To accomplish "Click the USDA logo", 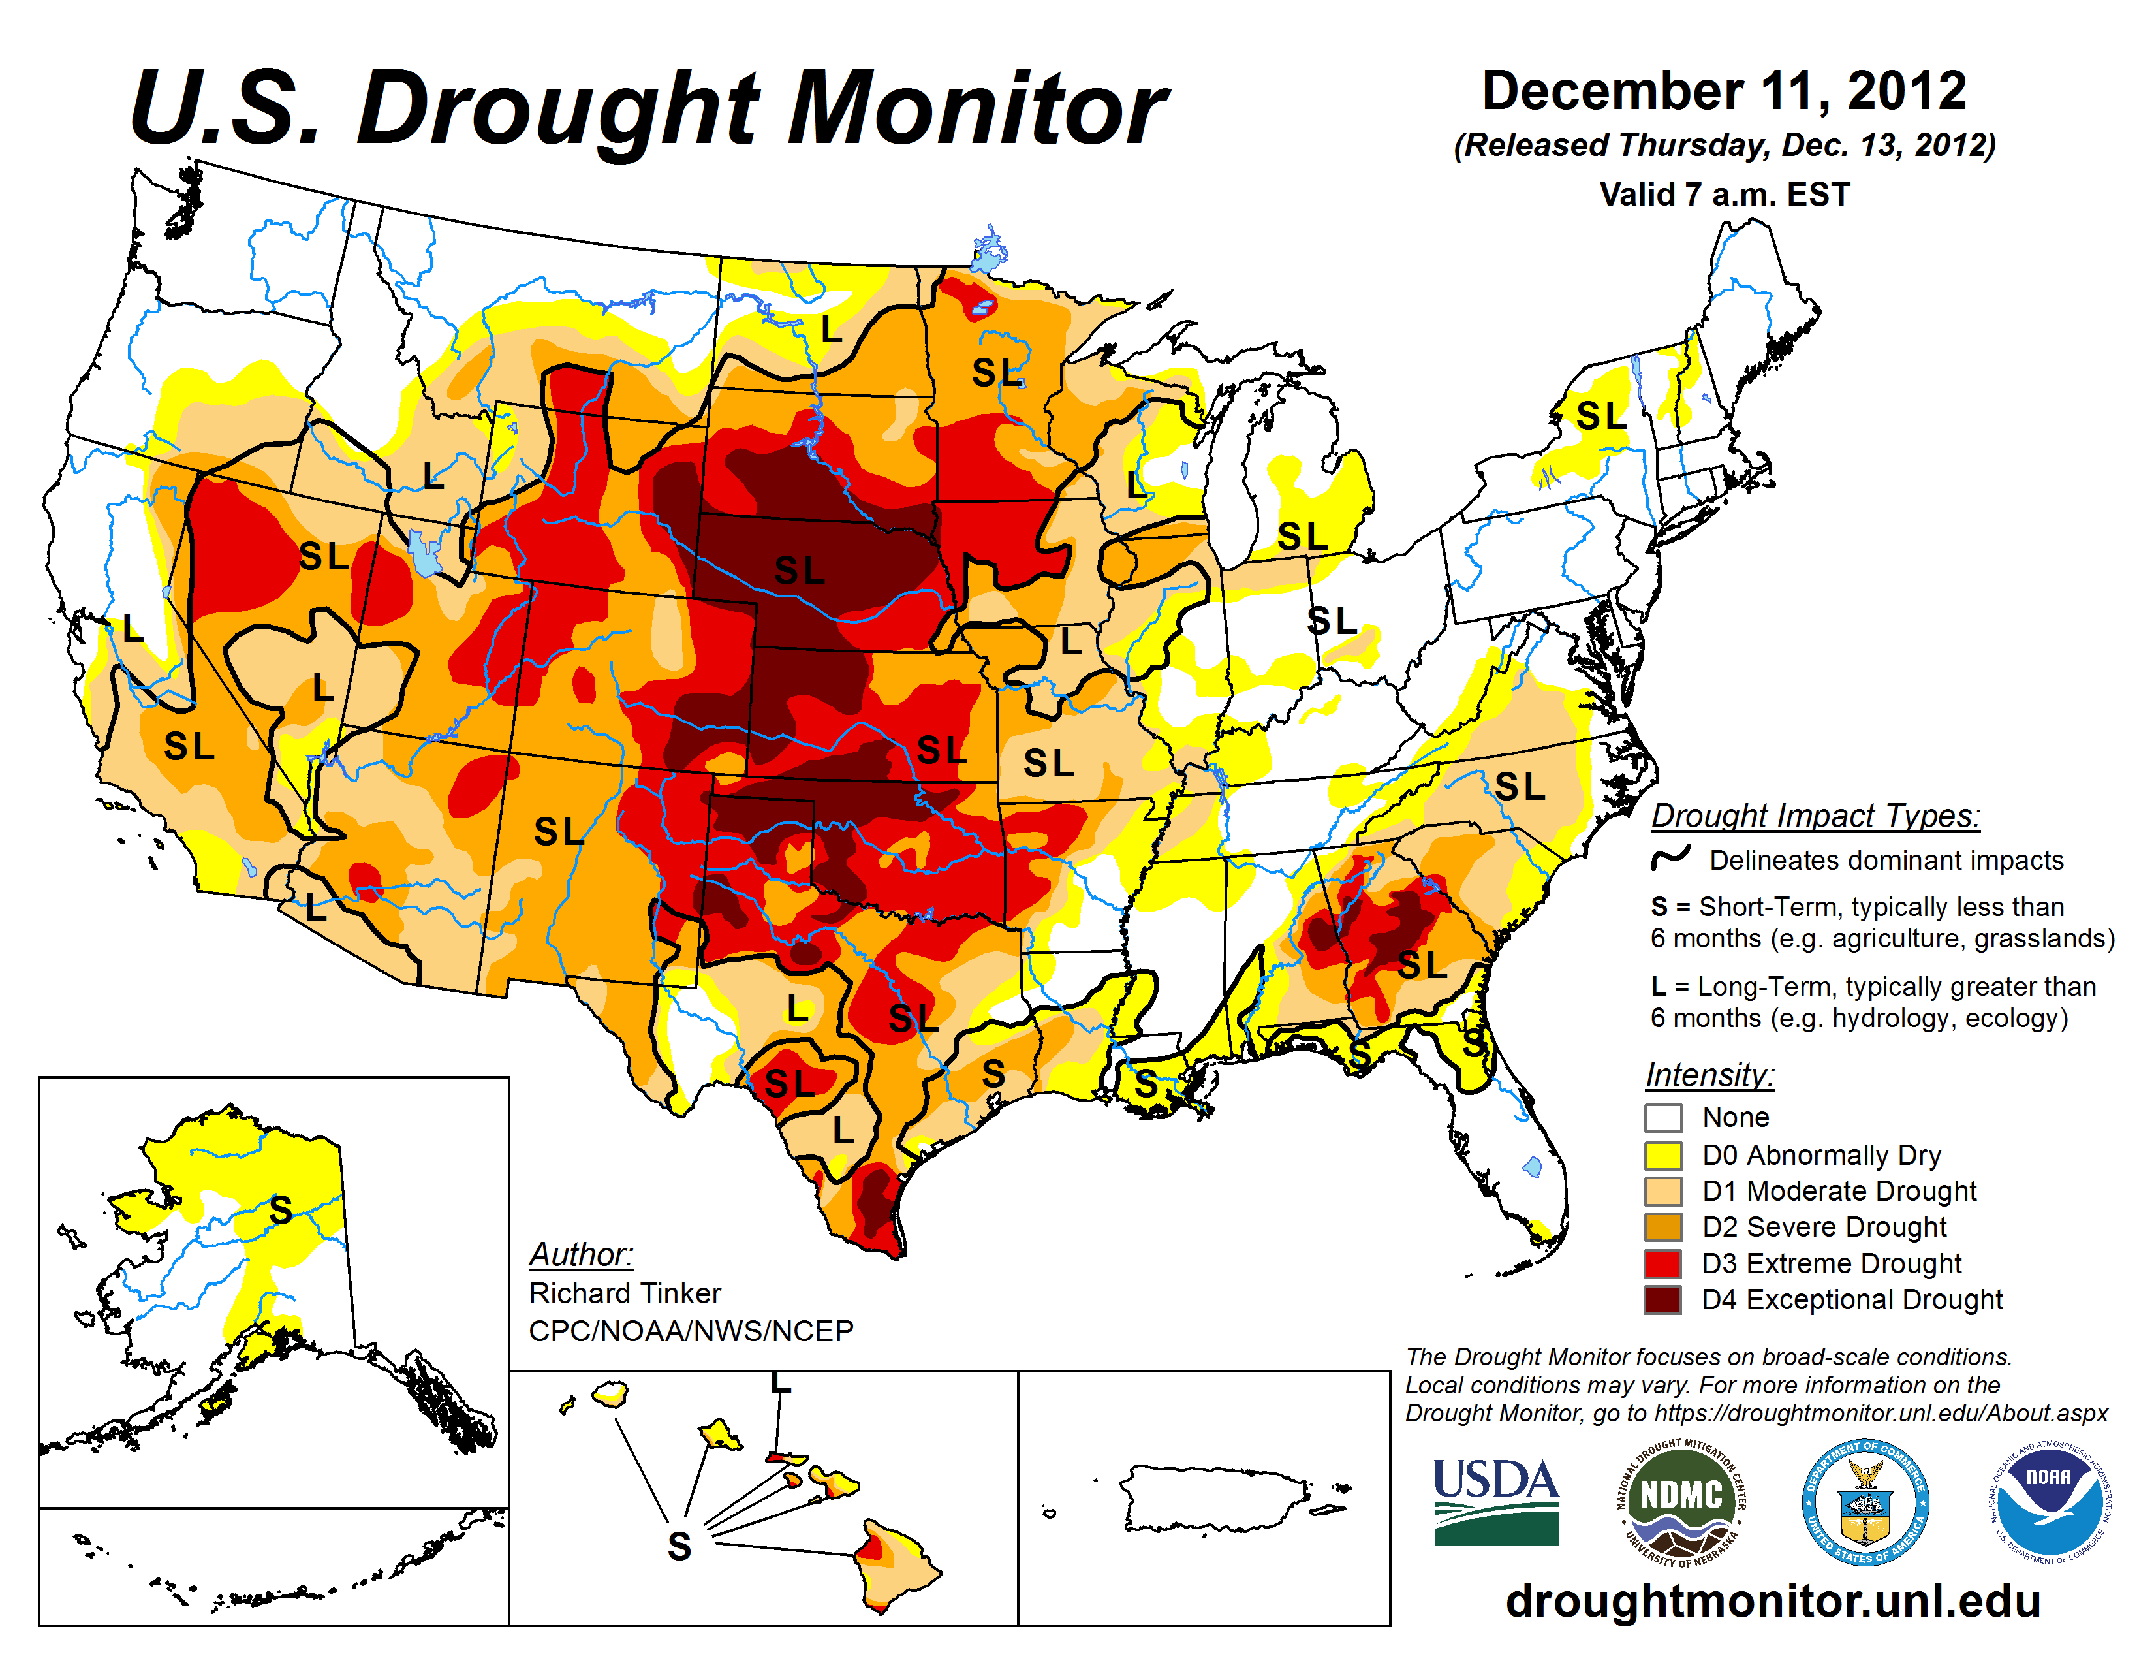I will (1495, 1501).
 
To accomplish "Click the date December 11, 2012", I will (1724, 91).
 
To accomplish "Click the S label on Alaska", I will (281, 1209).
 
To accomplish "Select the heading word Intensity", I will (1709, 1074).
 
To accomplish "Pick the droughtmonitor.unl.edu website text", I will (1772, 1600).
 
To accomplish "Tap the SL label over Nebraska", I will (799, 570).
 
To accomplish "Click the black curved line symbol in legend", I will (1671, 857).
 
